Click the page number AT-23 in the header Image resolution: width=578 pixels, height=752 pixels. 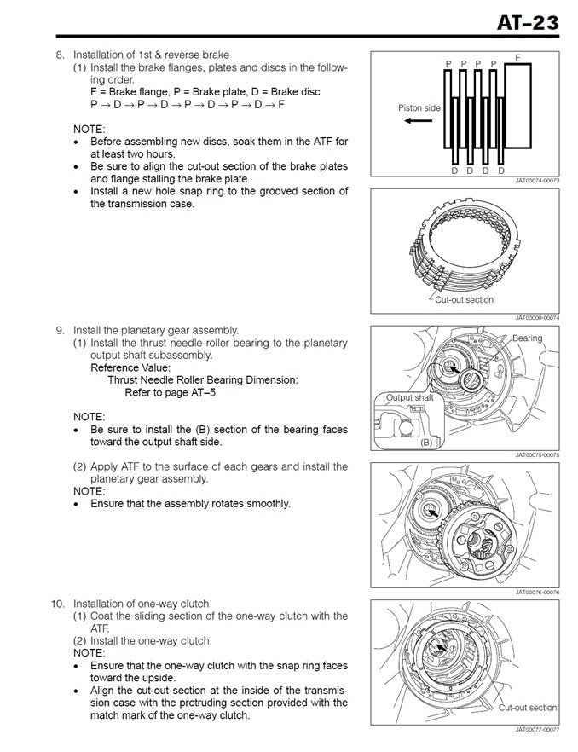coord(528,20)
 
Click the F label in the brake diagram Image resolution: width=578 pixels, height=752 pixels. coord(517,56)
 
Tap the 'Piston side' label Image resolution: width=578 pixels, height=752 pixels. coord(419,108)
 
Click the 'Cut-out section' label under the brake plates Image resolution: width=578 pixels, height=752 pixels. coord(464,299)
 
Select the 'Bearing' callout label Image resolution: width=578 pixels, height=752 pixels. coord(527,338)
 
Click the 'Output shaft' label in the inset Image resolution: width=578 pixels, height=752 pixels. coord(410,397)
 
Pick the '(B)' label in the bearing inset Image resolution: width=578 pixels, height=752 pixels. coord(426,443)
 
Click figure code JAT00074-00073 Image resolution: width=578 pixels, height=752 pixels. coord(536,181)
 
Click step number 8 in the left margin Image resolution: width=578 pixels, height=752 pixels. coord(60,55)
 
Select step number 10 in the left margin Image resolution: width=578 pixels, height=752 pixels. coord(57,604)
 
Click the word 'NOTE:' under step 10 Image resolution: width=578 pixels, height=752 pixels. coord(89,652)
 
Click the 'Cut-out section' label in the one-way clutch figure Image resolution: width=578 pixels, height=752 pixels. coord(528,707)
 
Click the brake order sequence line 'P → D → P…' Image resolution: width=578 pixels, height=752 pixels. coord(187,103)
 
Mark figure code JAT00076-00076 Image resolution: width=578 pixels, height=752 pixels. coord(536,592)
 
